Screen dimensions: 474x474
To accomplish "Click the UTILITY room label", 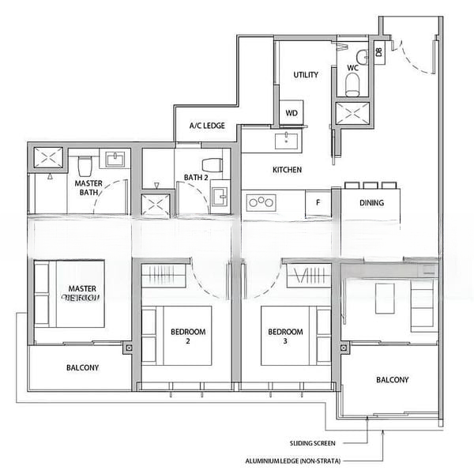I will pos(306,75).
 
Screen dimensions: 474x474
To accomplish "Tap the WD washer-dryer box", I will pos(292,113).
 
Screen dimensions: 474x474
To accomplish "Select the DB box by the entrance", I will pos(379,53).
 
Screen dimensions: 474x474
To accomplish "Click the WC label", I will pos(352,69).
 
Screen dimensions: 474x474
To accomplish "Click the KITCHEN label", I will pos(287,170).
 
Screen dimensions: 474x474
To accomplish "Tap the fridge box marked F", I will pos(318,202).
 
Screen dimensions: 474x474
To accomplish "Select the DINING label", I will pos(371,203).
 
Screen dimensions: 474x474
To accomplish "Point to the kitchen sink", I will pos(286,141).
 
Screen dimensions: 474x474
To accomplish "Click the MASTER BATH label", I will pos(89,186).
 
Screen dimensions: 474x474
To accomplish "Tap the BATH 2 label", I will pos(195,177).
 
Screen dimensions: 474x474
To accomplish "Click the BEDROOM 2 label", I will pos(187,337).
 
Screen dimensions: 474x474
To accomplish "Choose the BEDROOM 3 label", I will pos(284,337).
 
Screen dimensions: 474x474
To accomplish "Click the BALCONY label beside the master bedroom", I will pos(82,368).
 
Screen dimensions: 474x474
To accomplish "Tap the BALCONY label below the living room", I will pos(392,380).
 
